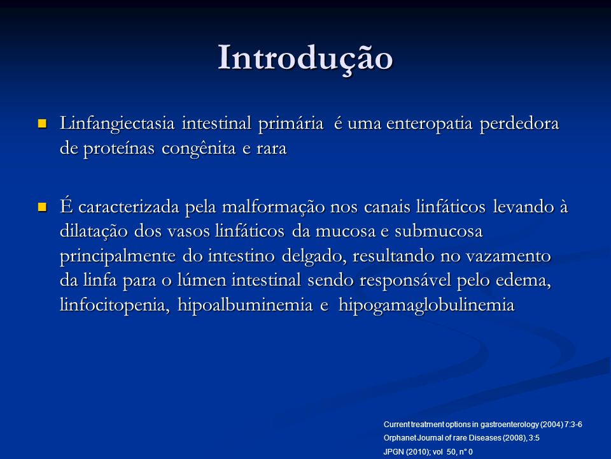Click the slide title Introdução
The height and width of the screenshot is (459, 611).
point(305,59)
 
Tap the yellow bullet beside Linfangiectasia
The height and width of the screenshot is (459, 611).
point(42,124)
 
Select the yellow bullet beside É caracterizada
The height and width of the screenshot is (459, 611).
point(42,207)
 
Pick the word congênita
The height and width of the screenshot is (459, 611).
point(199,149)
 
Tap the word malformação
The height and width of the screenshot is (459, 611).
point(273,207)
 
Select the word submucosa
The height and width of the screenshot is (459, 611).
point(439,231)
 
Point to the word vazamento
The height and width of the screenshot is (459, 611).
point(509,256)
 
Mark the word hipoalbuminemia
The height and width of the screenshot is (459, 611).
point(245,305)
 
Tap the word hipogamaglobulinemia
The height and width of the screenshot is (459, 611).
point(426,305)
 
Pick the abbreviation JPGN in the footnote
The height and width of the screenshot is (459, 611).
point(393,452)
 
